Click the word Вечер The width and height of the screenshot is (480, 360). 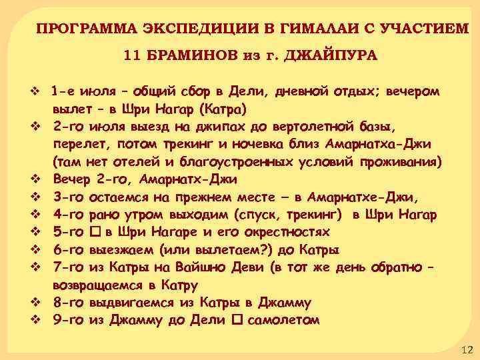click(x=72, y=179)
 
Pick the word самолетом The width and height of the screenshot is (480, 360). click(x=283, y=320)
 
